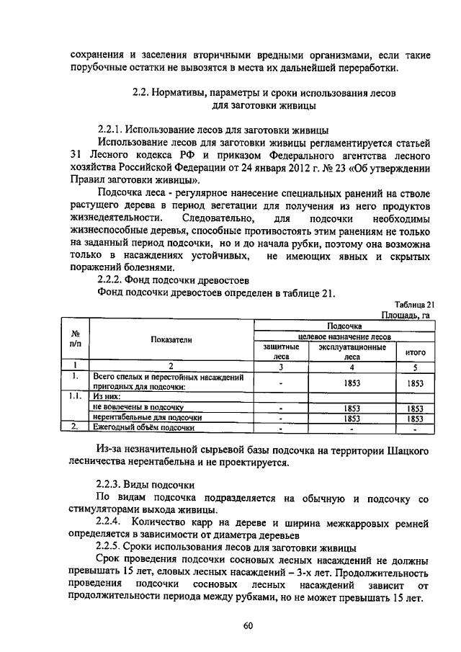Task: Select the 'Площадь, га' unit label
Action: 407,316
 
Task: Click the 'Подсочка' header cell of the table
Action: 344,326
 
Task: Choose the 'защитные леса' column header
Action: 280,351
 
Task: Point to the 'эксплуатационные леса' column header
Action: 351,351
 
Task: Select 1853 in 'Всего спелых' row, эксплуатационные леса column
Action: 351,383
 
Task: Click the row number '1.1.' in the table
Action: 74,396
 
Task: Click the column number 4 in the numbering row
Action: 351,366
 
